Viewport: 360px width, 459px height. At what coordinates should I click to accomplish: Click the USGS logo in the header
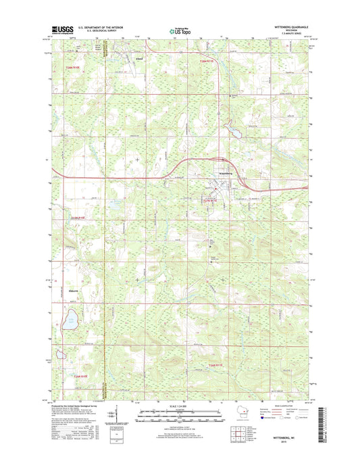tap(62, 29)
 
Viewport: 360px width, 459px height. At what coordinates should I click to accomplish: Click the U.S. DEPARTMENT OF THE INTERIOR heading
tap(103, 26)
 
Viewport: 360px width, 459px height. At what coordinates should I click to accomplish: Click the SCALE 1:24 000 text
tap(178, 406)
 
